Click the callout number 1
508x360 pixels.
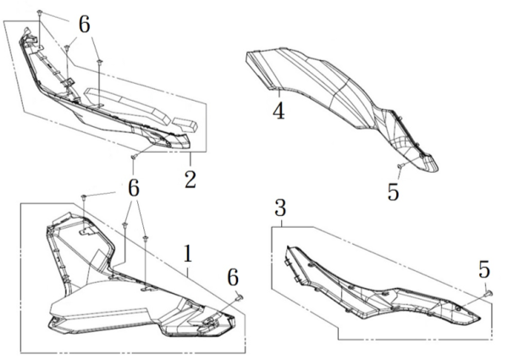(188, 253)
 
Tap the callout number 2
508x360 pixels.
(190, 179)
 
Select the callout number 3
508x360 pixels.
(280, 208)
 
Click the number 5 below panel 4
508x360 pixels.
(393, 191)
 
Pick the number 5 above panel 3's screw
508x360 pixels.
(484, 269)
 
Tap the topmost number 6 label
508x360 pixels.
(84, 25)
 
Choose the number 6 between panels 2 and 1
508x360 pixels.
(134, 188)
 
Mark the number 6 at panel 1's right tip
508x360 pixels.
(233, 278)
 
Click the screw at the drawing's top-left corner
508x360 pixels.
(40, 13)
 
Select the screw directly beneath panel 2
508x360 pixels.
(133, 157)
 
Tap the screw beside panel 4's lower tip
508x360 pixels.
(400, 166)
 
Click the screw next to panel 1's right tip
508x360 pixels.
(240, 296)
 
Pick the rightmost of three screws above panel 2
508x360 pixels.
(99, 61)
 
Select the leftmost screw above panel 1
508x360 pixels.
(84, 197)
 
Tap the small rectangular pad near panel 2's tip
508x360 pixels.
(184, 125)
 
